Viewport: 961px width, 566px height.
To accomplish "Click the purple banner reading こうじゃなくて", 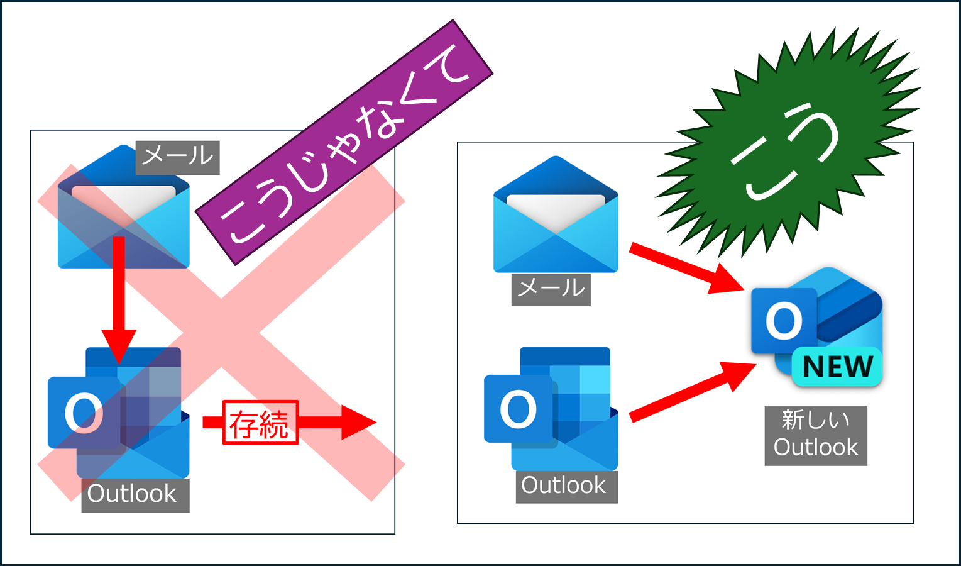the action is coord(344,142).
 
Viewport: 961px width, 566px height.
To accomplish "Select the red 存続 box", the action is coord(260,422).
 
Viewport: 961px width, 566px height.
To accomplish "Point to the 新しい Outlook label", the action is coord(816,436).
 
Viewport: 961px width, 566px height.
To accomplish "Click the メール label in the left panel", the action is coord(178,157).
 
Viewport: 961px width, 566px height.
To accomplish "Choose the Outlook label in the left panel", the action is coord(135,495).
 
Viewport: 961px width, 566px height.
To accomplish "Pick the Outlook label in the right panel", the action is coord(567,487).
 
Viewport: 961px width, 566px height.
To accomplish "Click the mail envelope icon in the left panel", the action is coord(124,207).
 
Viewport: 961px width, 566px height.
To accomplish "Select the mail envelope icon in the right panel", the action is coord(556,214).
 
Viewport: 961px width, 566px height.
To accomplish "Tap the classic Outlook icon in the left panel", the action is coord(118,413).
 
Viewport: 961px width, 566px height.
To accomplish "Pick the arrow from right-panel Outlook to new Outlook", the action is coord(693,391).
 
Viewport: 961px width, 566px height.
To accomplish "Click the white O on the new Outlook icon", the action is coord(784,321).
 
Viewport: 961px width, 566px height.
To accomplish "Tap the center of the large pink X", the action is coord(221,333).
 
